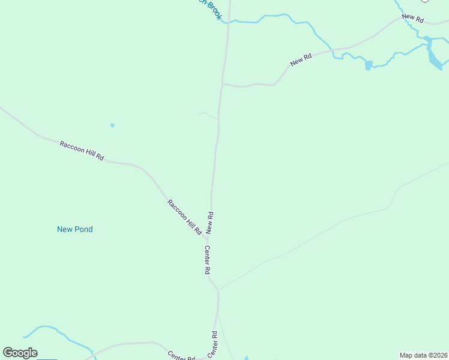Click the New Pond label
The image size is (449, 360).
[x=74, y=229]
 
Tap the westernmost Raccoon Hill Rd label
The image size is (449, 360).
[x=82, y=151]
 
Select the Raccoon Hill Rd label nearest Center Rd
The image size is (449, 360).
[x=184, y=217]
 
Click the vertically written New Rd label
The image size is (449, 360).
[x=210, y=222]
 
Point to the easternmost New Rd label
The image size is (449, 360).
[x=413, y=19]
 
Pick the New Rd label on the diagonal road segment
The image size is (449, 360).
[x=301, y=60]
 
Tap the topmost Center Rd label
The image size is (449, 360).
[x=207, y=260]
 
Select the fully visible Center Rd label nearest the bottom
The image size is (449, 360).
[x=212, y=344]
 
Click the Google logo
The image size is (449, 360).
[x=20, y=353]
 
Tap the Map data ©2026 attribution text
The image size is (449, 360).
[x=423, y=355]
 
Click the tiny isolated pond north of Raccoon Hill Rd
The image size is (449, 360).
[x=112, y=125]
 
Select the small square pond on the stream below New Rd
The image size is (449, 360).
[x=369, y=65]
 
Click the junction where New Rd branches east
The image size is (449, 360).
[x=223, y=85]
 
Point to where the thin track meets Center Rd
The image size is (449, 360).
[x=218, y=290]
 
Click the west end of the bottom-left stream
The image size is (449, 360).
[x=25, y=337]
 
